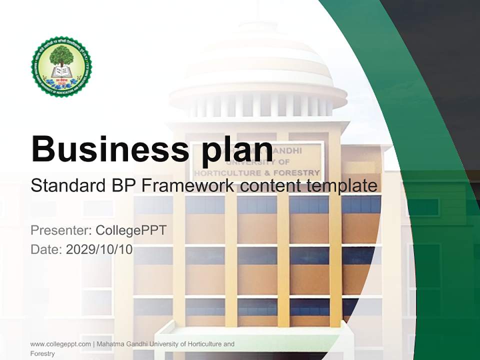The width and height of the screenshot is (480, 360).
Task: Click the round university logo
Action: (61, 66)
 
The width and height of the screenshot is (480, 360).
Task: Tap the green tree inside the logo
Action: (61, 54)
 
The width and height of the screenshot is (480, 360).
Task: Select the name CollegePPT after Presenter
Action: (131, 230)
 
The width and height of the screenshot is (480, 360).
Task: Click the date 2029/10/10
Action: (99, 249)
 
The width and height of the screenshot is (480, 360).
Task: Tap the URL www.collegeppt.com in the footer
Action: (60, 344)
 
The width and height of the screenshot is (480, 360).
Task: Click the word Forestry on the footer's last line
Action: (42, 353)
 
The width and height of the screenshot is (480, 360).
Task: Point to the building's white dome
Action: (258, 70)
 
